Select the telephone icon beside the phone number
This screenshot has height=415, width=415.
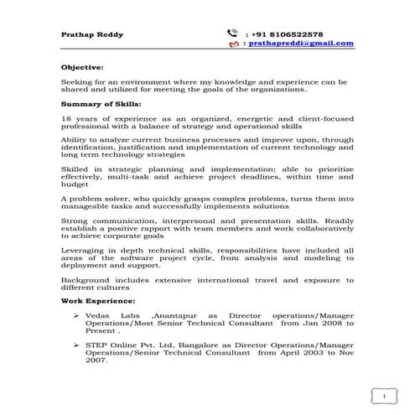[231, 33]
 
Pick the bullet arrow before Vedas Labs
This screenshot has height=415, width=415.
[76, 314]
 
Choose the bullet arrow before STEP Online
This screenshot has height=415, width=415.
[76, 345]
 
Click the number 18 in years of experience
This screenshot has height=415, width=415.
[66, 120]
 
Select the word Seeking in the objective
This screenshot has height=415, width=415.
[76, 82]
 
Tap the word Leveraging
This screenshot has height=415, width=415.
[84, 250]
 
